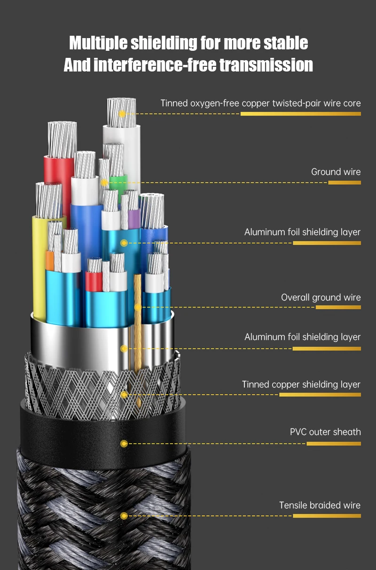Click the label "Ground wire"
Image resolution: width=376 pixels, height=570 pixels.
point(336,172)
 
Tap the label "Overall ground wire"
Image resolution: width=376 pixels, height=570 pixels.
point(321,297)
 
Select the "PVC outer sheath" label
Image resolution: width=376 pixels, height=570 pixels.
point(325,432)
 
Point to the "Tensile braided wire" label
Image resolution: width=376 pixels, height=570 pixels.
point(320,506)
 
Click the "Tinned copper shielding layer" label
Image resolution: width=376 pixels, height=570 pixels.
point(301,385)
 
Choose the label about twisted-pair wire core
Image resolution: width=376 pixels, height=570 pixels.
point(260,103)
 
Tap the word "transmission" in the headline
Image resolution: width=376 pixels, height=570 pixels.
point(266,65)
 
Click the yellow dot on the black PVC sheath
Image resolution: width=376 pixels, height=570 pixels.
point(124,443)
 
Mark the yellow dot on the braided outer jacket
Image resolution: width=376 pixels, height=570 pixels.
point(124,516)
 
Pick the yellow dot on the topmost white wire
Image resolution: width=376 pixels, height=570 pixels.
point(122,113)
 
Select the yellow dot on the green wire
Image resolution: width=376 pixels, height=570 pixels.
point(104,182)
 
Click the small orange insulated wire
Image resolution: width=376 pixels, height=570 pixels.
point(49,260)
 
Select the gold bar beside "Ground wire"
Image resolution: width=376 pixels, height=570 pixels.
point(344,182)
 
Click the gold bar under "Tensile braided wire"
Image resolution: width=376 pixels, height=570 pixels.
point(327,516)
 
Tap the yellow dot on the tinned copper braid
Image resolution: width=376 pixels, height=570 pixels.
point(124,395)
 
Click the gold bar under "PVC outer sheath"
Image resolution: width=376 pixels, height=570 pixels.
point(333,443)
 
